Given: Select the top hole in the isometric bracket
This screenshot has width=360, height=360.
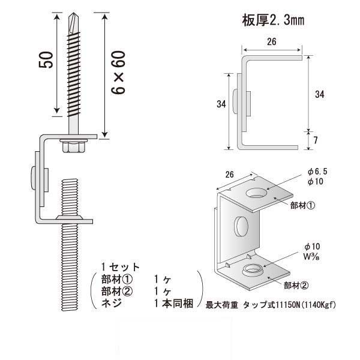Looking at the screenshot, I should click(256, 194).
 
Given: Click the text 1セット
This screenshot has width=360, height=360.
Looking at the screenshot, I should click(120, 267).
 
